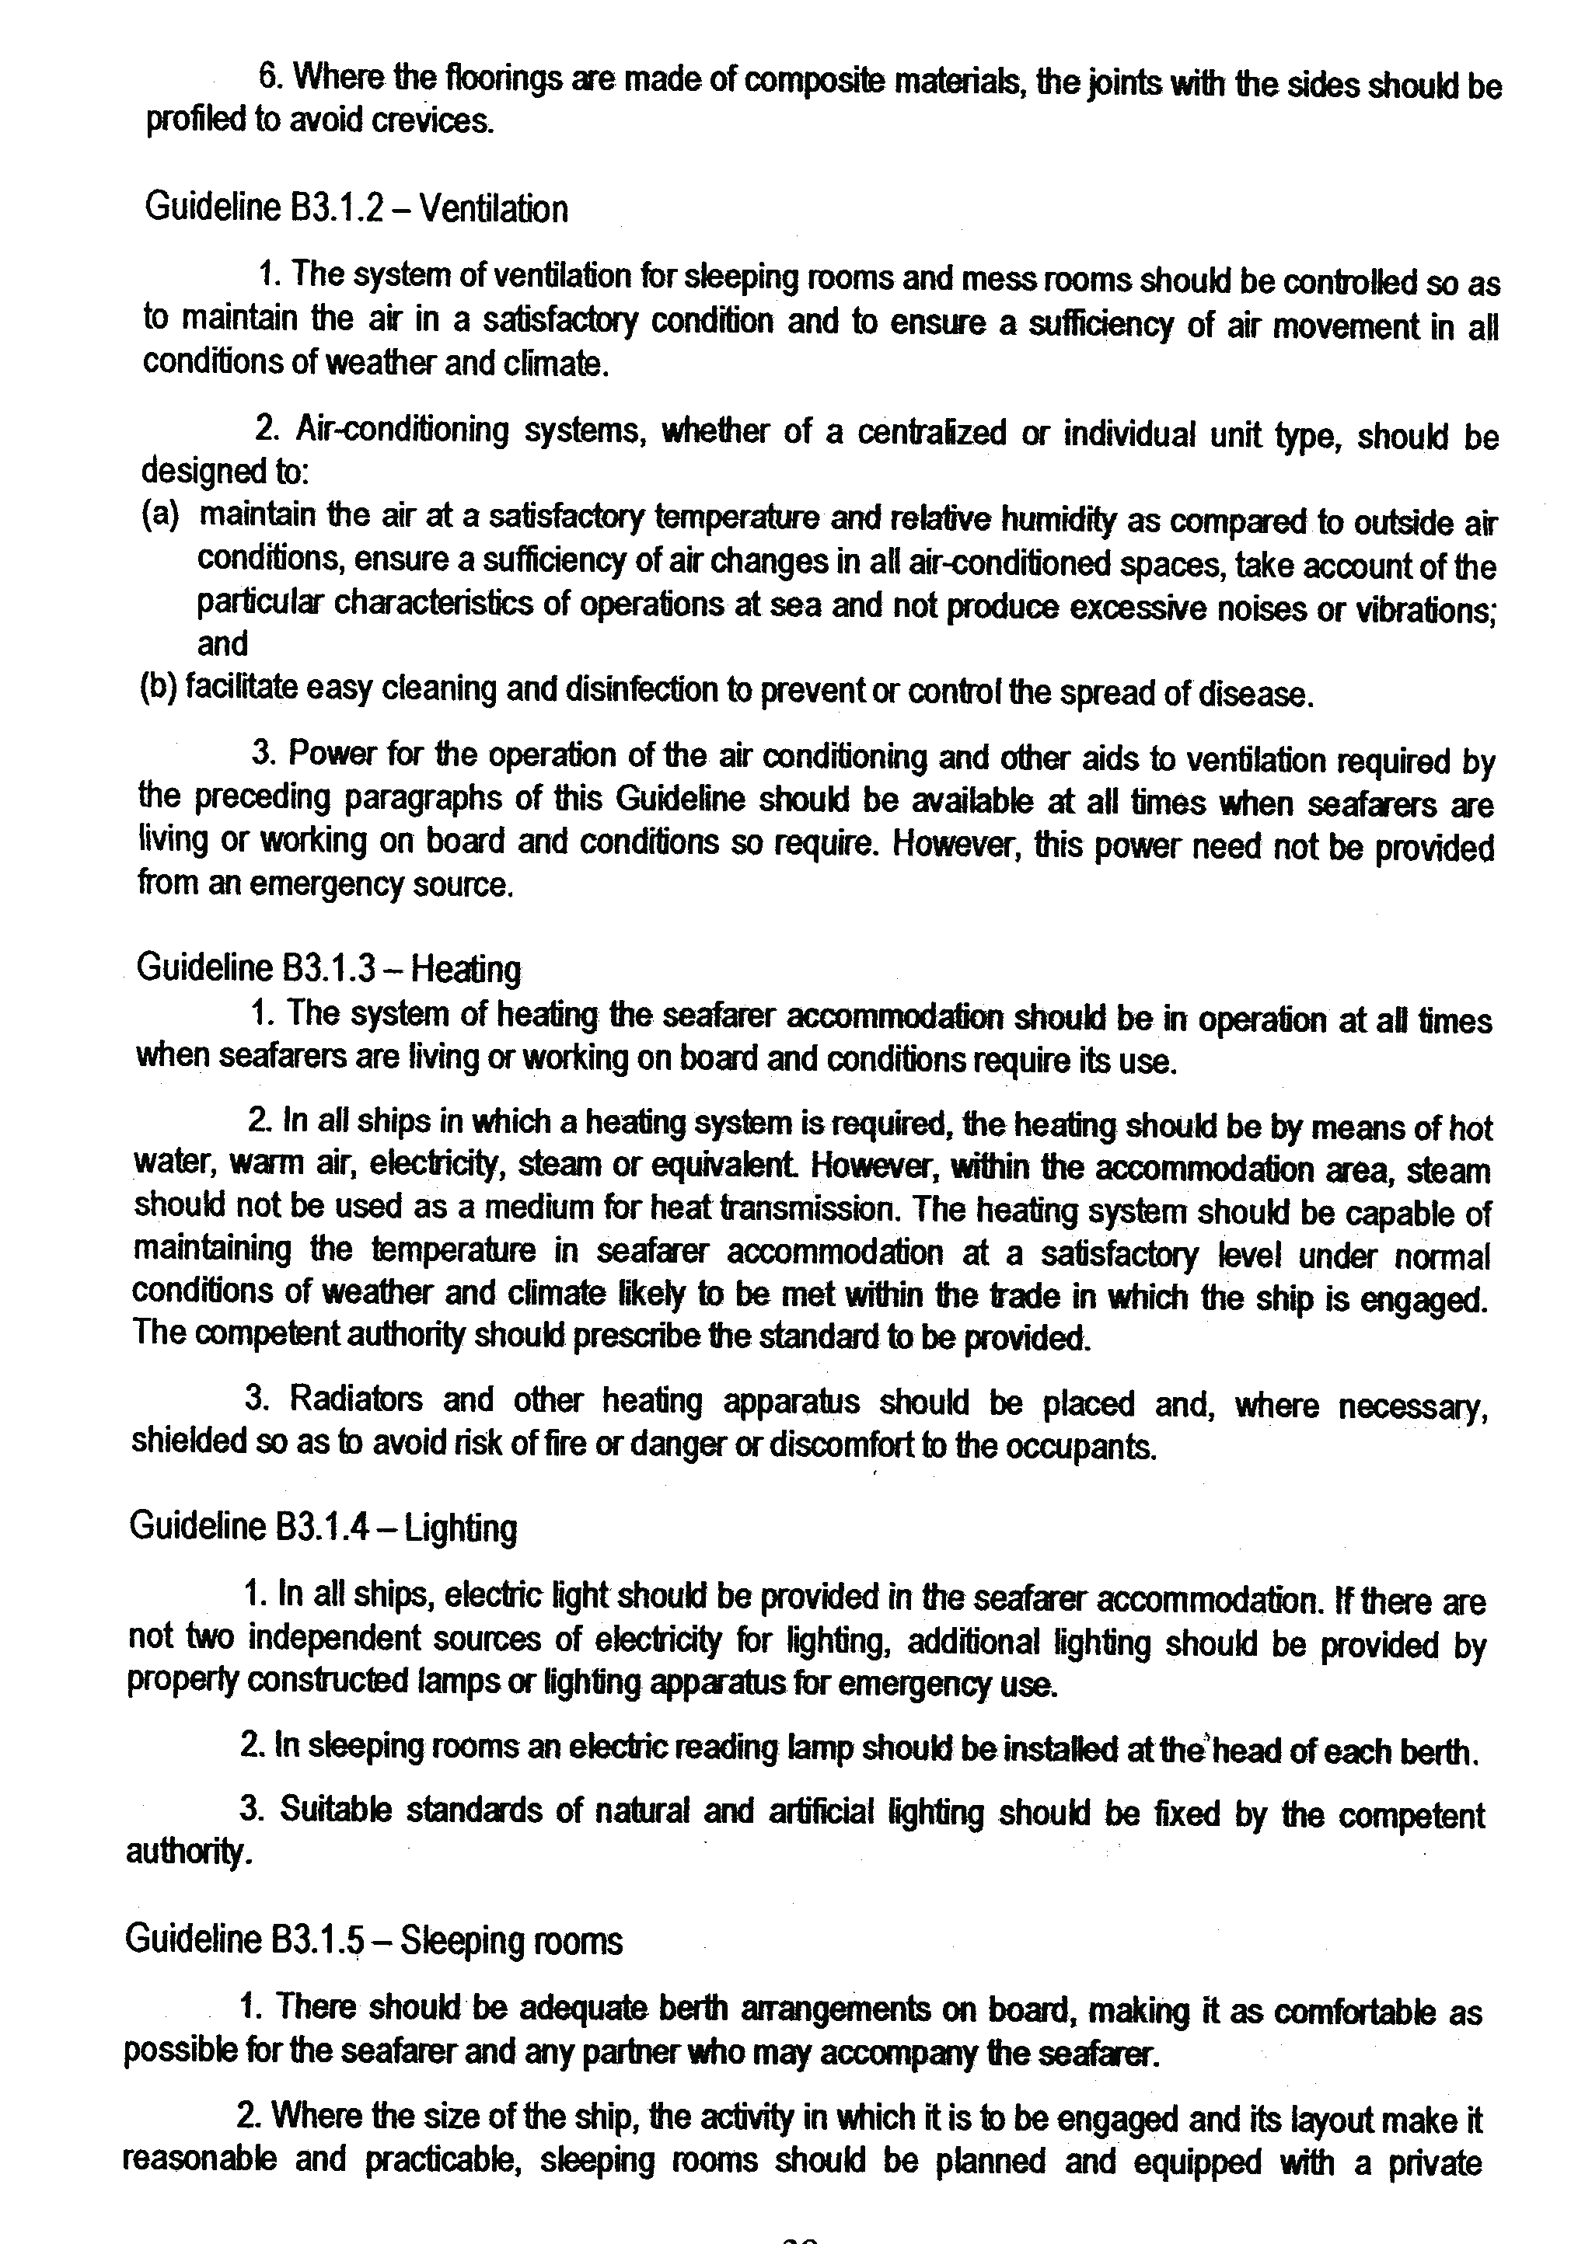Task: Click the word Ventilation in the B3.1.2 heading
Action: [494, 209]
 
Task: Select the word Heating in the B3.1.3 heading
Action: [466, 969]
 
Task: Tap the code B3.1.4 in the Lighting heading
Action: [323, 1527]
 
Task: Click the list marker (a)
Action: [160, 515]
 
